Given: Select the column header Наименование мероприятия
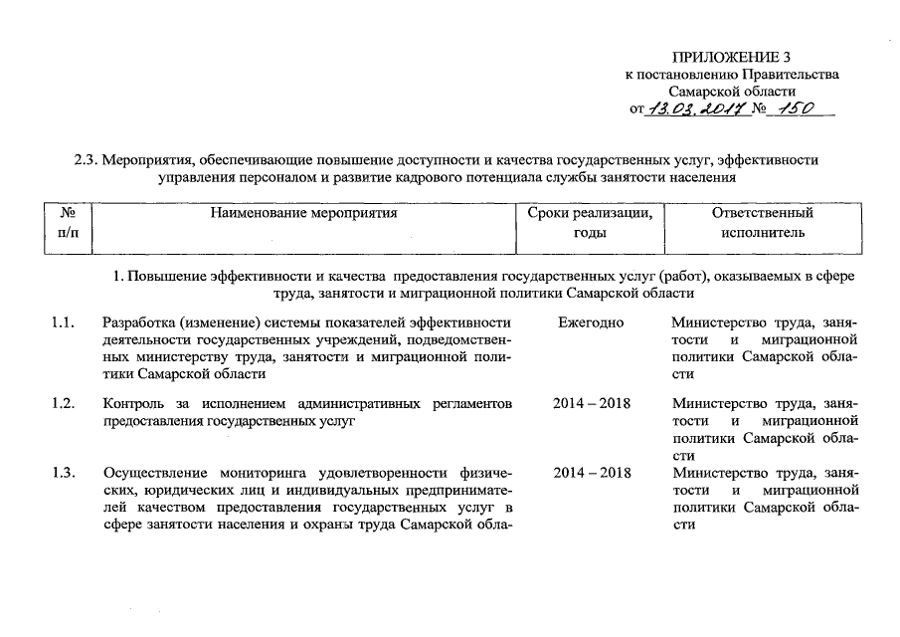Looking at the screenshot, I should tap(303, 213).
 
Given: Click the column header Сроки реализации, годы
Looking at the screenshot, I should tap(591, 223).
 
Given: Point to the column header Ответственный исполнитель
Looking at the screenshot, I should tap(763, 223).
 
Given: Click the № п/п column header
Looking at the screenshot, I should tap(69, 223).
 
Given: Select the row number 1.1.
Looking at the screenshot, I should tap(64, 322).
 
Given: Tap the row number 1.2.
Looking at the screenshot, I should tap(64, 403).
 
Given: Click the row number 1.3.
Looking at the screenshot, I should tap(64, 472).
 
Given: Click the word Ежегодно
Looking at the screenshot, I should tap(591, 322).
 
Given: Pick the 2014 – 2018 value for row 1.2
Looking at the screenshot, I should tap(591, 403).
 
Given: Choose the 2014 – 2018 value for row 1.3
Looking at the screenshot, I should tap(591, 472).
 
